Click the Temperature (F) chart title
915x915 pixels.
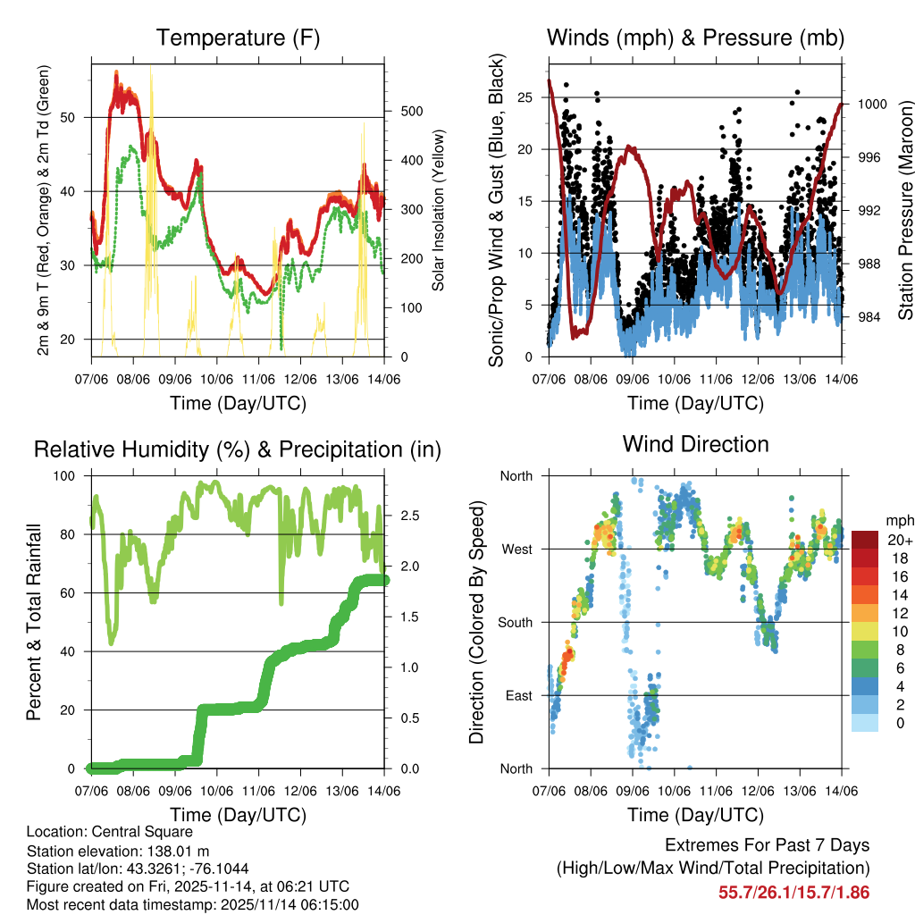coord(238,38)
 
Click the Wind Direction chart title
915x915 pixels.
coord(695,443)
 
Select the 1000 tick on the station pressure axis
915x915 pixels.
coord(871,104)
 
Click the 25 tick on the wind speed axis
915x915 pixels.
coord(531,97)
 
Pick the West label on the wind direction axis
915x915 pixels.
coord(516,549)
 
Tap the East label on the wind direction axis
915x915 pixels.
coord(516,695)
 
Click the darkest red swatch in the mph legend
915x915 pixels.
coord(864,540)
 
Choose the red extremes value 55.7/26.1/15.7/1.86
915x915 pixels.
coord(793,892)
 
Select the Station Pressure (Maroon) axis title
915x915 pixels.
coord(905,210)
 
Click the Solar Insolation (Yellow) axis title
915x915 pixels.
coord(438,210)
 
